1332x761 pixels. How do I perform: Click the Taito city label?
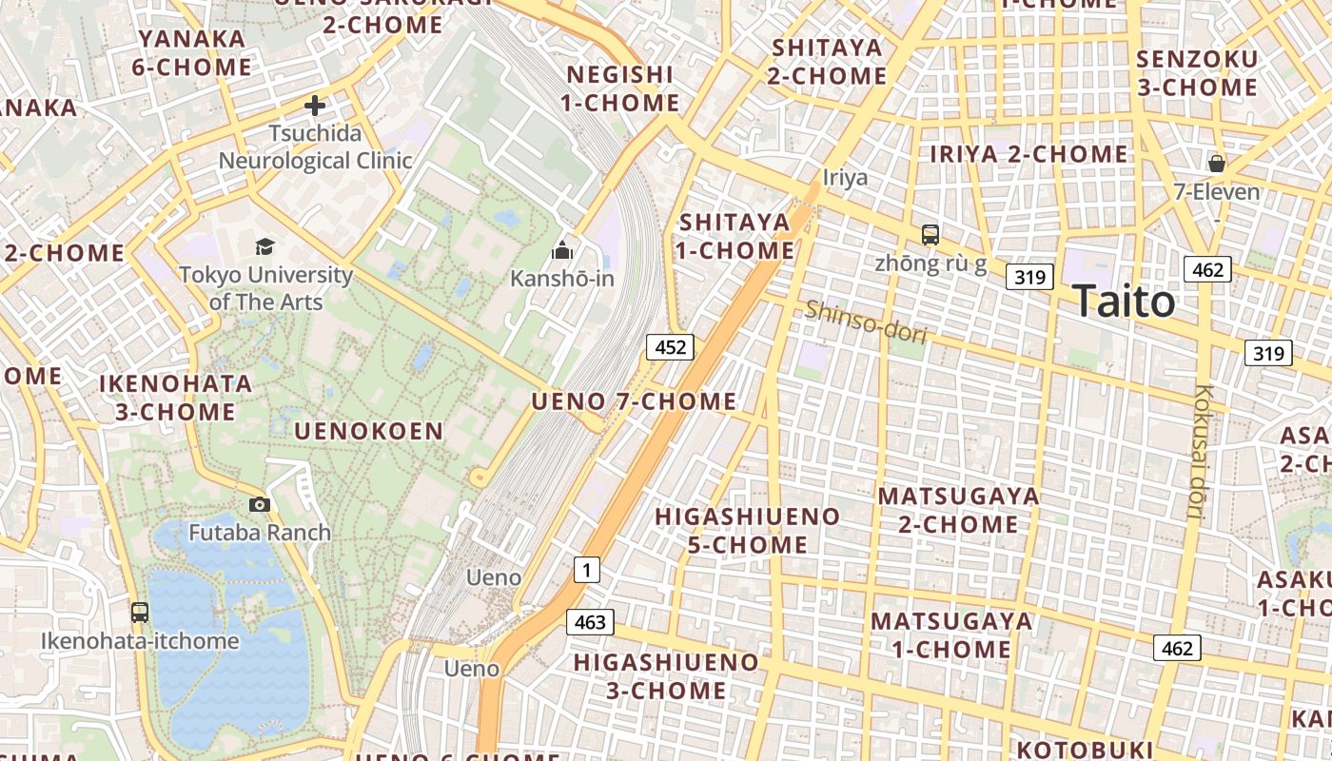1124,302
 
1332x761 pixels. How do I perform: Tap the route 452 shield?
671,347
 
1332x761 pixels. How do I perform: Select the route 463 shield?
590,622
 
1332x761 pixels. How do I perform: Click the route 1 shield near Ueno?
587,571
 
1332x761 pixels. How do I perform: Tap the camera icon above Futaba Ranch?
259,504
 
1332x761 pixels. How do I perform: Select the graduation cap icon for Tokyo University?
265,247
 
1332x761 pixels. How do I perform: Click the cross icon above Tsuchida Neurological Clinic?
315,106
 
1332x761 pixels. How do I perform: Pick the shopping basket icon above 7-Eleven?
1216,164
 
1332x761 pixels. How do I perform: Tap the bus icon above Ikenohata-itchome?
140,613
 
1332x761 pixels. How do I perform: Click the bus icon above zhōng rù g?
930,234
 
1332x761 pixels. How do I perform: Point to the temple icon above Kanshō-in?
562,251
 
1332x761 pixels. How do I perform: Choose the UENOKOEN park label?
369,431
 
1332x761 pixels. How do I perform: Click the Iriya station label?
845,178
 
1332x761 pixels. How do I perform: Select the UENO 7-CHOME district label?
634,401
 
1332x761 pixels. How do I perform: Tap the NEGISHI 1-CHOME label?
622,88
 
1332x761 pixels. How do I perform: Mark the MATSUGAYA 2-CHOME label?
958,510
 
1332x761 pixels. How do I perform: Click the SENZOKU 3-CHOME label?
1197,73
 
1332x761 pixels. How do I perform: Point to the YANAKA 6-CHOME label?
195,53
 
